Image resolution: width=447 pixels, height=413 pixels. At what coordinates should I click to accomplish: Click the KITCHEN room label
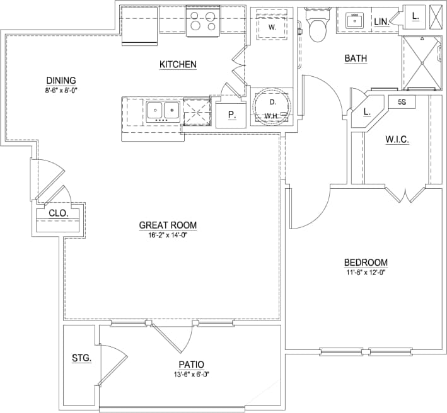click(178, 64)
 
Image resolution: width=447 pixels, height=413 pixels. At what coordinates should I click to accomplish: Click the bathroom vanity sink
click(355, 20)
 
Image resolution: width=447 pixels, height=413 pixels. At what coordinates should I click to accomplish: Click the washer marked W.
click(272, 28)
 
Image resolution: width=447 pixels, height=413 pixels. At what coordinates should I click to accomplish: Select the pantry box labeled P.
click(230, 115)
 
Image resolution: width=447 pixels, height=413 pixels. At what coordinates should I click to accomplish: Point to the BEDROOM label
click(366, 263)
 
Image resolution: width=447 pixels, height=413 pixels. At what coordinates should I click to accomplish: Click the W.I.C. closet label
click(397, 140)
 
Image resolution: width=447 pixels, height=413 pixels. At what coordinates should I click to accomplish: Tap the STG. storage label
click(81, 358)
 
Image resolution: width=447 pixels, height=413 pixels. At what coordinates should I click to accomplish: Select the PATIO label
click(190, 365)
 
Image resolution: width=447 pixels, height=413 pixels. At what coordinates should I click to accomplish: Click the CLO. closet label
click(59, 213)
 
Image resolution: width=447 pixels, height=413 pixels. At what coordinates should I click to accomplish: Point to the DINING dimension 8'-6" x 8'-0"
click(61, 91)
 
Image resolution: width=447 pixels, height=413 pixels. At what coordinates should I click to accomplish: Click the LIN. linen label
click(381, 21)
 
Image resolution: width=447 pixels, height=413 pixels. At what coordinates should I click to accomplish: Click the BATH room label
click(356, 59)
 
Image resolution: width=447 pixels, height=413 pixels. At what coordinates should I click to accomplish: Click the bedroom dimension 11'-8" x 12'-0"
click(365, 273)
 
